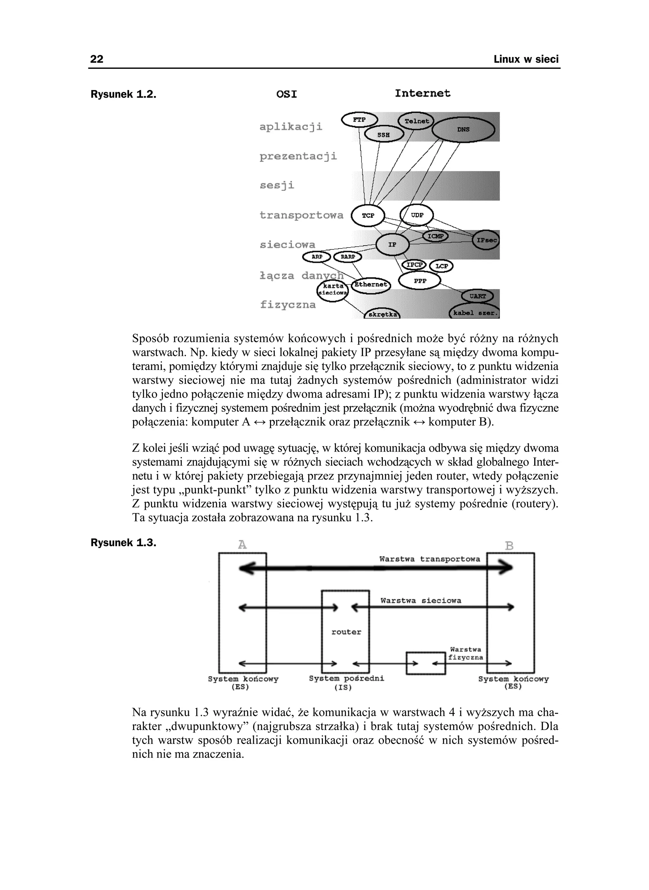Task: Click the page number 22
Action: click(97, 59)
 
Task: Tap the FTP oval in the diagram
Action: click(359, 120)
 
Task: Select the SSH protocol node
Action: click(384, 135)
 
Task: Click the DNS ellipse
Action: click(463, 130)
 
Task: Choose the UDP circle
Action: click(417, 215)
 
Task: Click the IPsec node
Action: click(486, 240)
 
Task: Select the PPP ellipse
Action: click(420, 281)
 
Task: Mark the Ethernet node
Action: click(371, 285)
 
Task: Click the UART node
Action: click(477, 296)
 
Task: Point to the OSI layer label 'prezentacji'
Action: click(298, 156)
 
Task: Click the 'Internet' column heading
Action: click(422, 94)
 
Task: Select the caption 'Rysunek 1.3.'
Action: click(123, 543)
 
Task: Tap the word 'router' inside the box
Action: click(346, 632)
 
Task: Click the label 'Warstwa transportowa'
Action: click(429, 559)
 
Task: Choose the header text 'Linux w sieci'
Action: click(526, 59)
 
